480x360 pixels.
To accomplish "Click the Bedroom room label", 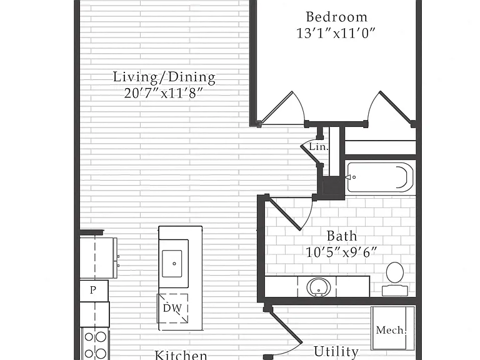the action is coord(337,17).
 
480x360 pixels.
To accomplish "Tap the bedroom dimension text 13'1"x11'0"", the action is coord(336,33).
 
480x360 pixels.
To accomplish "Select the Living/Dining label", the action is coord(164,77).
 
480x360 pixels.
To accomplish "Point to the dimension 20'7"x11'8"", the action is coord(164,93).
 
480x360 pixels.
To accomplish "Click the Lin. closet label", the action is coord(319,147).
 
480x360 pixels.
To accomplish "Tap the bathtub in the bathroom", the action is coord(380,177).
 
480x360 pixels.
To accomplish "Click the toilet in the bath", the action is coord(395,279).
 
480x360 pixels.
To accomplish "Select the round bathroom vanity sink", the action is coord(319,287).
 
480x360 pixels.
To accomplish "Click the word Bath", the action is coord(342,236).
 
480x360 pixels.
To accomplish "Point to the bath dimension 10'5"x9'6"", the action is coord(341,252).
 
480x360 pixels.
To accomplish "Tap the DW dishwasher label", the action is coord(172,308).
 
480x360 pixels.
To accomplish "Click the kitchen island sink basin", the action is coord(172,264).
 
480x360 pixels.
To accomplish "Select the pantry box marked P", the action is coord(94,291).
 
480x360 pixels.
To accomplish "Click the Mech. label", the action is coord(391,330).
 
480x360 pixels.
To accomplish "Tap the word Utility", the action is coord(336,352).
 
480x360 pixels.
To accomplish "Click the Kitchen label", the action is coord(181,355).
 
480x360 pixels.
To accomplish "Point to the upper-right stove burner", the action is coord(101,337).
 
